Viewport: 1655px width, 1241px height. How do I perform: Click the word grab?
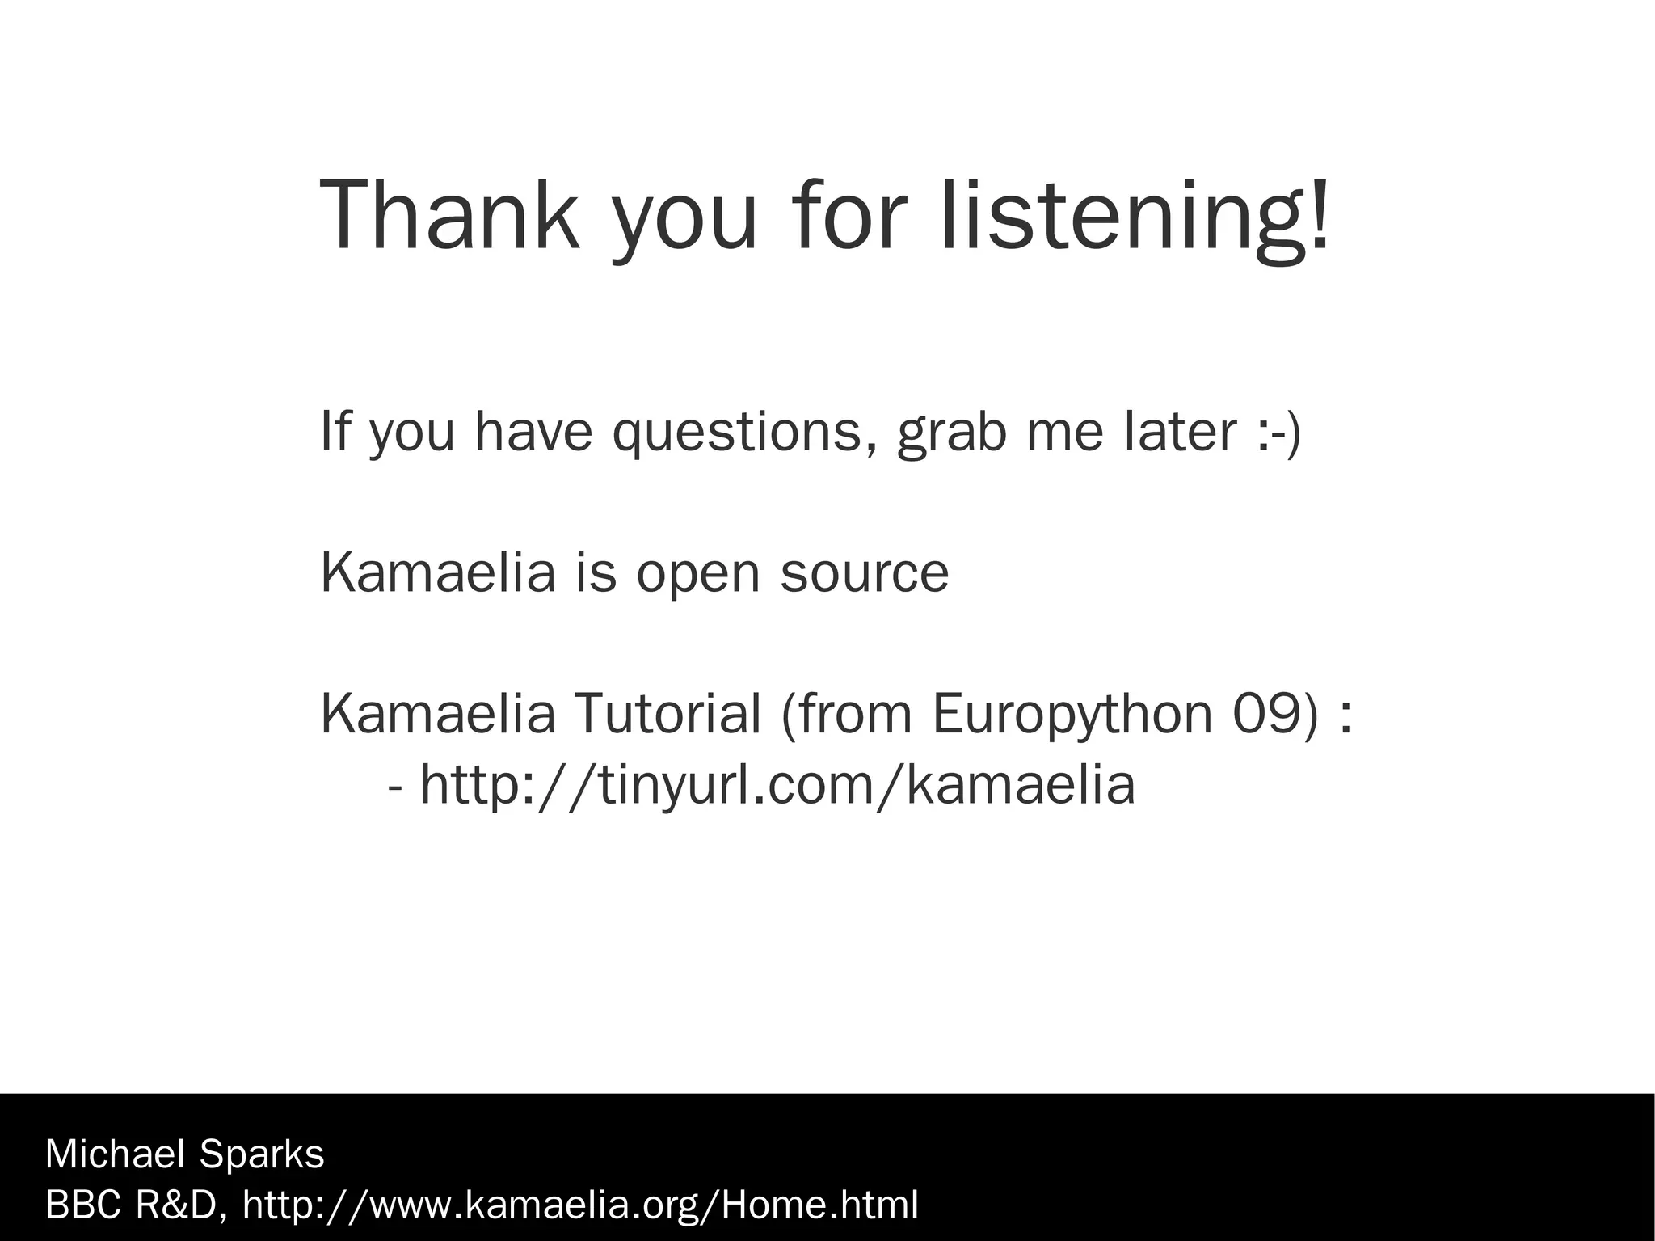pyautogui.click(x=952, y=433)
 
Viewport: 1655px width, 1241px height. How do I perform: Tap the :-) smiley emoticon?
pyautogui.click(x=1280, y=432)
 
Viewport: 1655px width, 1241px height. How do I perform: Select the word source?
pyautogui.click(x=864, y=572)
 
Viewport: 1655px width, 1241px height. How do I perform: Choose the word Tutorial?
pyautogui.click(x=667, y=713)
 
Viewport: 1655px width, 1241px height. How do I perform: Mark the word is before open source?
pyautogui.click(x=596, y=572)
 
